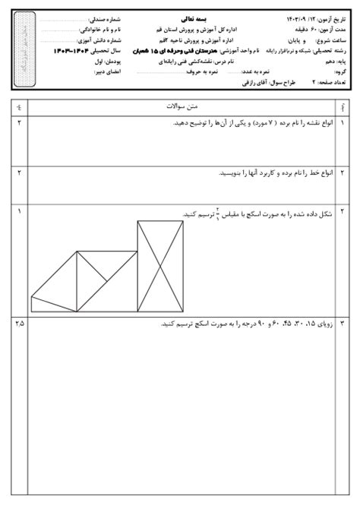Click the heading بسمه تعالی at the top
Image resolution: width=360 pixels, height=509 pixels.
182,16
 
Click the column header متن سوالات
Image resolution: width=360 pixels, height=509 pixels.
180,108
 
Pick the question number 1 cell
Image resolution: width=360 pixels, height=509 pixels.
343,122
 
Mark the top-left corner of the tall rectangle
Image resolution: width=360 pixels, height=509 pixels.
137,221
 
